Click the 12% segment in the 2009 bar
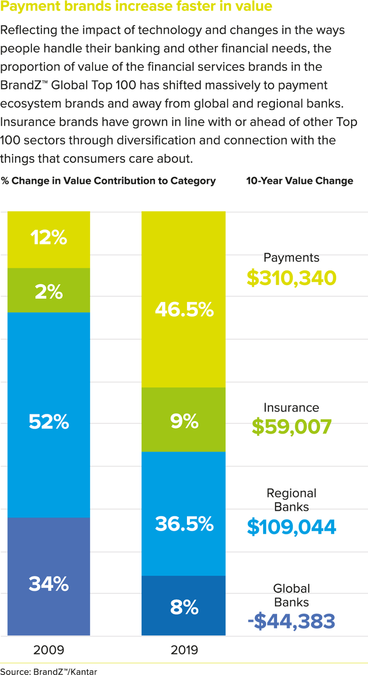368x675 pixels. [49, 239]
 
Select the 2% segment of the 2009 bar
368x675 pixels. [49, 291]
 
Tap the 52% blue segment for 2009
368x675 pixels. [49, 415]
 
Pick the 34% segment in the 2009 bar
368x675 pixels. [49, 576]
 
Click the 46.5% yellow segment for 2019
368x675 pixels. [184, 300]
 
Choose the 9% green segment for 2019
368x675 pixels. [184, 420]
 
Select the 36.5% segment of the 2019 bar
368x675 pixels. [184, 514]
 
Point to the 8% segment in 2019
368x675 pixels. [184, 606]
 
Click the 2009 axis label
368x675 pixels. [49, 650]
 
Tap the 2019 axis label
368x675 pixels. [184, 650]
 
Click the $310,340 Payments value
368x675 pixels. [291, 278]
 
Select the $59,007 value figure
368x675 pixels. [291, 427]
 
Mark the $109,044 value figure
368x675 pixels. [291, 527]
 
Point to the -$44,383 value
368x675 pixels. [291, 621]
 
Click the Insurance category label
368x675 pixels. [291, 408]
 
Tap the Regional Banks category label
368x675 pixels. [291, 499]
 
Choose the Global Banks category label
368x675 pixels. [291, 595]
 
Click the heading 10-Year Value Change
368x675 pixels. [300, 181]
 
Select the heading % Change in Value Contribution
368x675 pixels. [108, 181]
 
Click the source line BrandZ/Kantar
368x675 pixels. [48, 671]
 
